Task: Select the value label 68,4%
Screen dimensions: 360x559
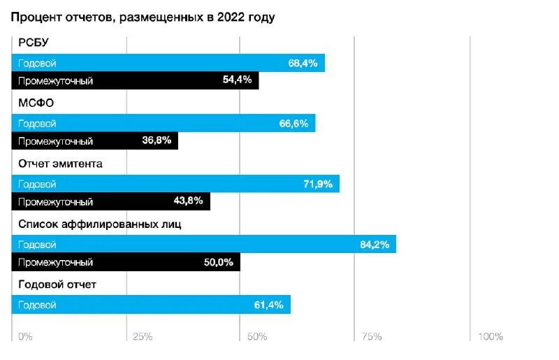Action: coord(303,63)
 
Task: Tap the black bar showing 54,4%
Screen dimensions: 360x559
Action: coord(136,80)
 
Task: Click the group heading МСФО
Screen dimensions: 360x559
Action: coord(36,102)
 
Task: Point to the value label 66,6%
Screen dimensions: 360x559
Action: coord(293,124)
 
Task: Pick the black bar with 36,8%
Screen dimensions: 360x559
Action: coord(95,141)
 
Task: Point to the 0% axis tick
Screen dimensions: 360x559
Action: coord(24,337)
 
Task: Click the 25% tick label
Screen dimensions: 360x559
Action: coord(143,337)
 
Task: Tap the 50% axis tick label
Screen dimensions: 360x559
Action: coord(257,337)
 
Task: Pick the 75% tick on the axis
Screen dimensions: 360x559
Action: coord(372,337)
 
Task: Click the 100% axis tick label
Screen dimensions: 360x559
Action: coord(490,337)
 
